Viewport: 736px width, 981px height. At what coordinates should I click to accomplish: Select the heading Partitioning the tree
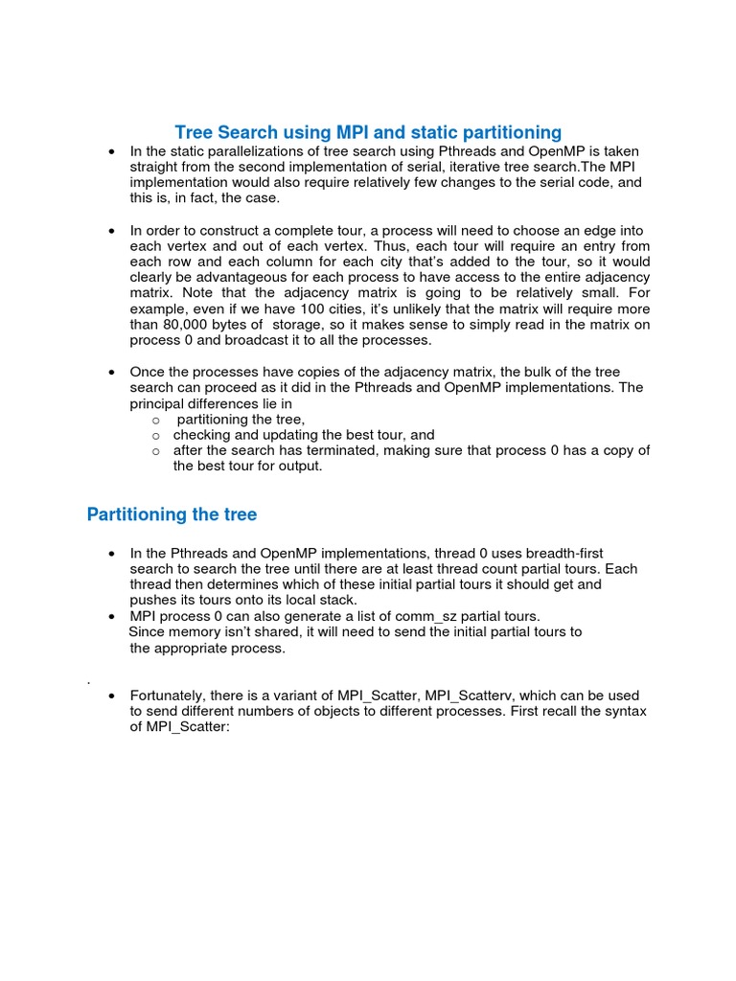[172, 514]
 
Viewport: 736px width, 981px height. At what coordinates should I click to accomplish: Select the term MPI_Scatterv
[469, 695]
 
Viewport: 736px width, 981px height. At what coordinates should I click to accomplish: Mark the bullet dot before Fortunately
[113, 696]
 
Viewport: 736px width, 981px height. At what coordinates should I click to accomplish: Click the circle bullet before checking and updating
[155, 435]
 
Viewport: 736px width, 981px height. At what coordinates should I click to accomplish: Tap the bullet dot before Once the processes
[113, 372]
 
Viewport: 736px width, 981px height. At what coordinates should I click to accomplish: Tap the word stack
[336, 600]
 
